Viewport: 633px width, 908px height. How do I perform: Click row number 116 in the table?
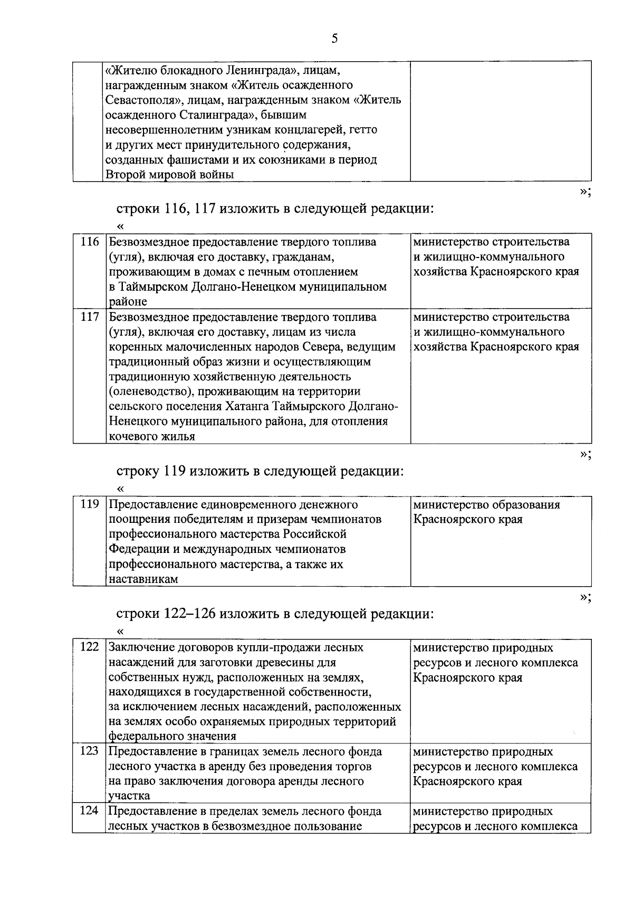[x=89, y=242]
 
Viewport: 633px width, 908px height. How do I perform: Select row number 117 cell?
[x=89, y=317]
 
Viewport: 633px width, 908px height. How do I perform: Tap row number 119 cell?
[x=89, y=504]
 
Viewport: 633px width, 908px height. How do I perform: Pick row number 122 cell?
[x=89, y=647]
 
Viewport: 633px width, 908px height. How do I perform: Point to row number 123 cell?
[x=89, y=751]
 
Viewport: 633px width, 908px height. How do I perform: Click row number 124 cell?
[x=89, y=811]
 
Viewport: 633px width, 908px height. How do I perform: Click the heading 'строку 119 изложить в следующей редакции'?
[x=260, y=471]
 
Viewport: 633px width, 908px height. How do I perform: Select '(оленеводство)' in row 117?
[x=146, y=391]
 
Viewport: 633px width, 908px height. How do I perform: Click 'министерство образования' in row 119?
[x=486, y=504]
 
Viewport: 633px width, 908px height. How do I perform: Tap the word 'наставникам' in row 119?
[x=143, y=579]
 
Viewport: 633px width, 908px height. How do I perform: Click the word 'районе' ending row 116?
[x=128, y=302]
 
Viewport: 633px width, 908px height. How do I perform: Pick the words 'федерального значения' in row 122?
[x=172, y=736]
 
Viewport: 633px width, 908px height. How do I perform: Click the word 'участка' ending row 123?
[x=129, y=796]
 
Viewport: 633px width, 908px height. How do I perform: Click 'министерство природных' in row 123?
[x=483, y=751]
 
